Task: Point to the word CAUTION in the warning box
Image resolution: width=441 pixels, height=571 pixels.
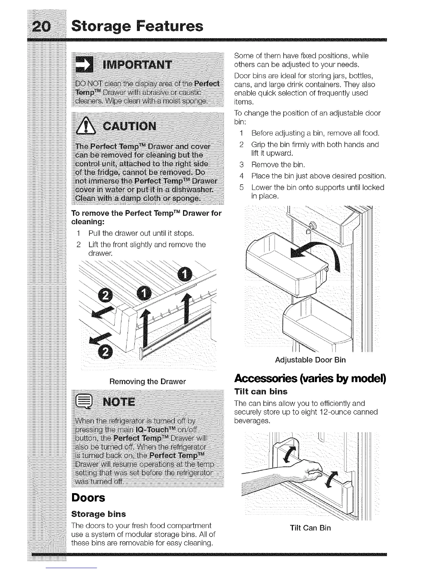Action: [130, 127]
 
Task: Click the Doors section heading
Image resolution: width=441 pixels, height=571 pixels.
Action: [88, 498]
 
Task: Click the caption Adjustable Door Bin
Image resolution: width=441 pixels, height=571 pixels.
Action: [310, 360]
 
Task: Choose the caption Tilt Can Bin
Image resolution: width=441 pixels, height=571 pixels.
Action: [310, 528]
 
